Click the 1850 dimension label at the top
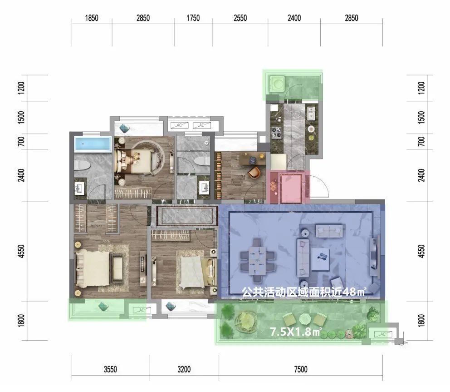(x=92, y=18)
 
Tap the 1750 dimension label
(x=193, y=18)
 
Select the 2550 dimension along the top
(x=240, y=18)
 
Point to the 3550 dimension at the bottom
(x=110, y=369)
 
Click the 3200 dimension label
(x=184, y=369)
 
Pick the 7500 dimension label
(x=301, y=369)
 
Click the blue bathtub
(x=93, y=144)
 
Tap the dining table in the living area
(x=257, y=260)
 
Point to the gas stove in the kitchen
(x=277, y=133)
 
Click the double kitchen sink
(x=311, y=113)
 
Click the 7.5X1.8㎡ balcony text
(x=296, y=332)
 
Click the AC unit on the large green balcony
(x=382, y=334)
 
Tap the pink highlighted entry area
(x=288, y=187)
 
